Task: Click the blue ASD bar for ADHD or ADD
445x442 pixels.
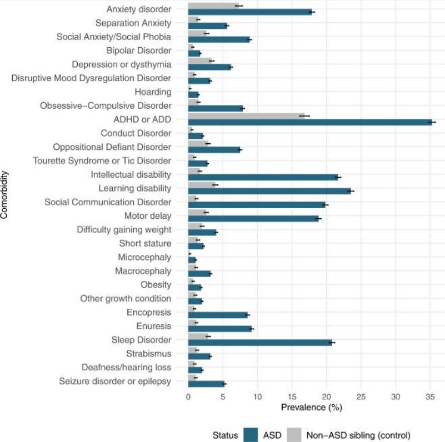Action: [310, 122]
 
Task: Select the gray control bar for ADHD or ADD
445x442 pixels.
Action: [246, 116]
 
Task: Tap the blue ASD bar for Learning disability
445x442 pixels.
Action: [269, 191]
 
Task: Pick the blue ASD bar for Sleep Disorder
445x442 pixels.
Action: [260, 343]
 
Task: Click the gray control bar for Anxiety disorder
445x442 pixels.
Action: [213, 6]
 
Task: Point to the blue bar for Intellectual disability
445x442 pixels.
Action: [263, 177]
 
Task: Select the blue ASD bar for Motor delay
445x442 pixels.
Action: [253, 219]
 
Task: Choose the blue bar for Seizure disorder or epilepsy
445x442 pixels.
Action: [206, 384]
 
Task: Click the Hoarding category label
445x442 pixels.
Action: [153, 92]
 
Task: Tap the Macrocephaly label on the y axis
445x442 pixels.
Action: [143, 271]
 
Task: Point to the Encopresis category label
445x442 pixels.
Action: [149, 313]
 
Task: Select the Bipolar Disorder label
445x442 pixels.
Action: [139, 51]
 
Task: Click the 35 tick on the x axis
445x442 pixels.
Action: [430, 396]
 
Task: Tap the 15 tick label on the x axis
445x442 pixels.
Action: [292, 396]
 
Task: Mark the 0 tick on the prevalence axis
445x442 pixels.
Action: [188, 396]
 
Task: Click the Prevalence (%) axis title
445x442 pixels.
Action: [311, 408]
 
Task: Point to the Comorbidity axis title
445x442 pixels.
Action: [4, 194]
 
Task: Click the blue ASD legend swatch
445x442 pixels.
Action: [251, 435]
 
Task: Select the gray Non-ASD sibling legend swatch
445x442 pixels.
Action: [294, 435]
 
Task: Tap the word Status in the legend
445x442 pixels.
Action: [225, 435]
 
